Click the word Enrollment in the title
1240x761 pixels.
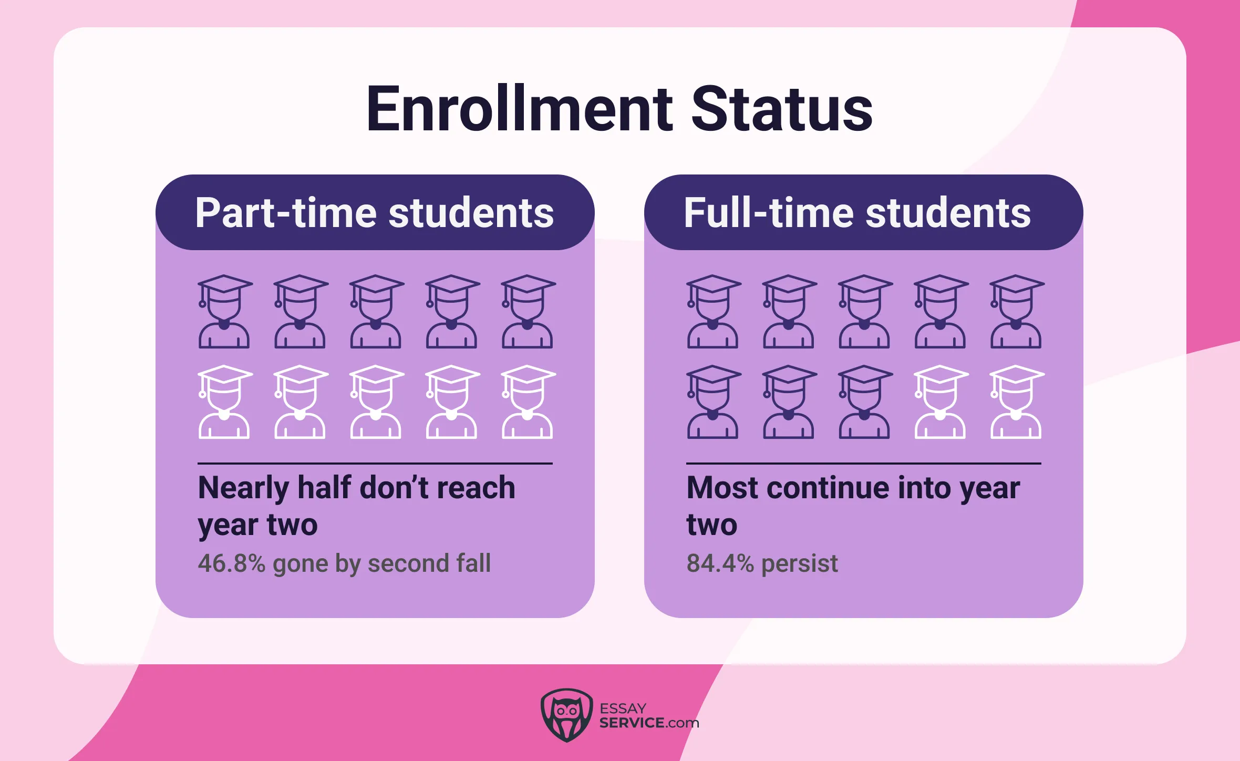coord(519,109)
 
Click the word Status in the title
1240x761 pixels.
coord(781,109)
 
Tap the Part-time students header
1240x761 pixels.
coord(375,212)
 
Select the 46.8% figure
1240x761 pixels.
coord(231,563)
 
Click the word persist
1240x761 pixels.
coord(799,563)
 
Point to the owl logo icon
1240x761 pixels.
coord(566,715)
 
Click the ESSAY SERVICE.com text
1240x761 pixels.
coord(649,716)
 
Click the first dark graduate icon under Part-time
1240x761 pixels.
coord(224,312)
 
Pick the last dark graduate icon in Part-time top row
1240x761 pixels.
coord(528,312)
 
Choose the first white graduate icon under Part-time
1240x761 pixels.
coord(224,402)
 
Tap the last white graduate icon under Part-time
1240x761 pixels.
coord(528,402)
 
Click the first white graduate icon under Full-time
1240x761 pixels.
coord(941,402)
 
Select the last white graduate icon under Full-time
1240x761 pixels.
coord(1016,402)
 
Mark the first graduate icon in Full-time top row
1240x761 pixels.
coord(713,312)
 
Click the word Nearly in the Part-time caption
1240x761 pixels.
coord(243,488)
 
